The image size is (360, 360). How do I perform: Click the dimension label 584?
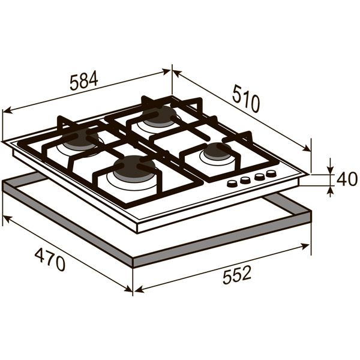coord(84,81)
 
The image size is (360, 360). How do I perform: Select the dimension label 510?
coord(246,98)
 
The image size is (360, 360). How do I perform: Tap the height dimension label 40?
coord(347,179)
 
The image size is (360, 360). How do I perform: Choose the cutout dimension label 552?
coord(237,275)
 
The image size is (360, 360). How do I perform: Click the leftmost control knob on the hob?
coord(232,183)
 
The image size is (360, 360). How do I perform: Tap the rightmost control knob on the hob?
coord(271,173)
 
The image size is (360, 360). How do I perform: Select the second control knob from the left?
coord(245,180)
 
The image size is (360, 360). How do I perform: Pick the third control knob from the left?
coord(259,176)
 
